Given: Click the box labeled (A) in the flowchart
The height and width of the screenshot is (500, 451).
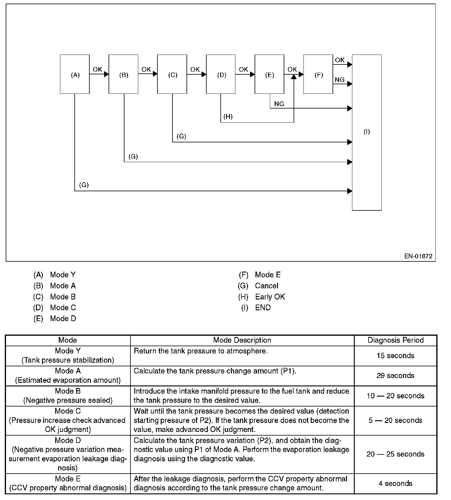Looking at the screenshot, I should tap(75, 74).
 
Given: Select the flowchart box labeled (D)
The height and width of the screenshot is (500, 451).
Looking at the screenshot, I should tap(221, 74).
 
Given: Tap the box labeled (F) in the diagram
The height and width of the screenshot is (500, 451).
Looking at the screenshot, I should tap(318, 74).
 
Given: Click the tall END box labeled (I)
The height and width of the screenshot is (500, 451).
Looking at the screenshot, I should tap(367, 132).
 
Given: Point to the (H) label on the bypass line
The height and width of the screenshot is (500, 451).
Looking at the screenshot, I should tap(228, 117).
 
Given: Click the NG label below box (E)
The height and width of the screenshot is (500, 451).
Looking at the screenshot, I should tap(279, 104).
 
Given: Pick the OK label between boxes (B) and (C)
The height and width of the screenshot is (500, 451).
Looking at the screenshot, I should tap(146, 70).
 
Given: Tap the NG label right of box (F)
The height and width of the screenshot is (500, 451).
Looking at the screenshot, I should tap(340, 79).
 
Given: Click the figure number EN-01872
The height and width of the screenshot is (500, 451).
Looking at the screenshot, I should tap(418, 256).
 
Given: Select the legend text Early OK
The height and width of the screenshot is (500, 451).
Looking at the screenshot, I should tap(270, 297).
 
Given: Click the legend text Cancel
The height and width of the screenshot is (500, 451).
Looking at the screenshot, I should tap(267, 286).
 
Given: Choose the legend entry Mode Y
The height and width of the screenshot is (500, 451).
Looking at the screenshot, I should tap(63, 275).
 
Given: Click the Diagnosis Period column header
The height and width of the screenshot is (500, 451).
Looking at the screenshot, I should tap(396, 340).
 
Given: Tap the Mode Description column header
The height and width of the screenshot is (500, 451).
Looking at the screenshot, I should tap(242, 340).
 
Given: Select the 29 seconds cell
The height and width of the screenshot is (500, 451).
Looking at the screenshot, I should tap(396, 376).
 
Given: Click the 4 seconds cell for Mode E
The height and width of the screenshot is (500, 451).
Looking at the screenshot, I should tap(396, 483).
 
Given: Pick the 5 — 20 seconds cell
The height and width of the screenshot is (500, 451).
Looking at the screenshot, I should tap(396, 420).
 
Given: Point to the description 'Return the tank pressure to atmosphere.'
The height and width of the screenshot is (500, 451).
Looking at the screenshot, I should tap(201, 351).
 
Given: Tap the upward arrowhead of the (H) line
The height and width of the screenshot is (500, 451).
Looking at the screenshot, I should tap(294, 77).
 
